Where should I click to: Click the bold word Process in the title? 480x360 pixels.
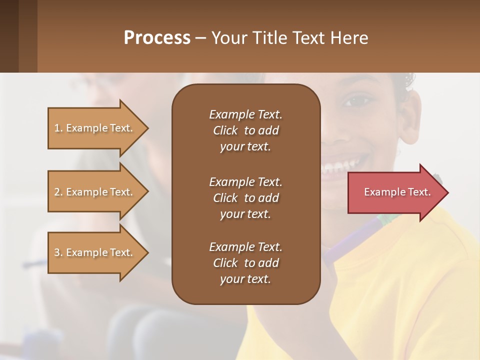tap(157, 38)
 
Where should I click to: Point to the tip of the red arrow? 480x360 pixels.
tap(447, 192)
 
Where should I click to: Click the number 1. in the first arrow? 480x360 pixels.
tap(58, 128)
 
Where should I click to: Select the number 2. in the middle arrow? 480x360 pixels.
tap(58, 192)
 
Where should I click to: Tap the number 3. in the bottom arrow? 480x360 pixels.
tap(58, 252)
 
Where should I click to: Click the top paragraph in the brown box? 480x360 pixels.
tap(245, 130)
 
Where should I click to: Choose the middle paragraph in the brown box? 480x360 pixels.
tap(245, 198)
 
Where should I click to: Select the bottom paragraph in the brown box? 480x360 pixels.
tap(245, 263)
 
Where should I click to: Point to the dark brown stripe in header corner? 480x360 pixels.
tap(9, 36)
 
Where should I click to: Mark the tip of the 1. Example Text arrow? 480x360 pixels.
tap(147, 128)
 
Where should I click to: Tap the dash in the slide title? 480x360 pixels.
tap(200, 38)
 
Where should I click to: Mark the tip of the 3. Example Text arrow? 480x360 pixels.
tap(147, 252)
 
